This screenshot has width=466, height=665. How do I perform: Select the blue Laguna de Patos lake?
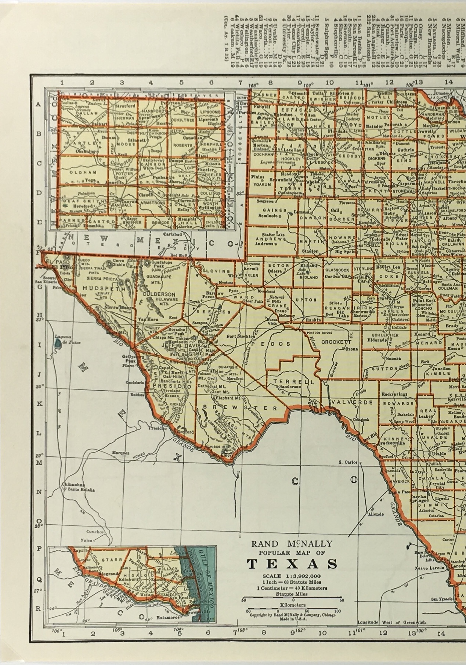[58, 344]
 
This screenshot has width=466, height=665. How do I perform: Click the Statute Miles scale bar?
[292, 600]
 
